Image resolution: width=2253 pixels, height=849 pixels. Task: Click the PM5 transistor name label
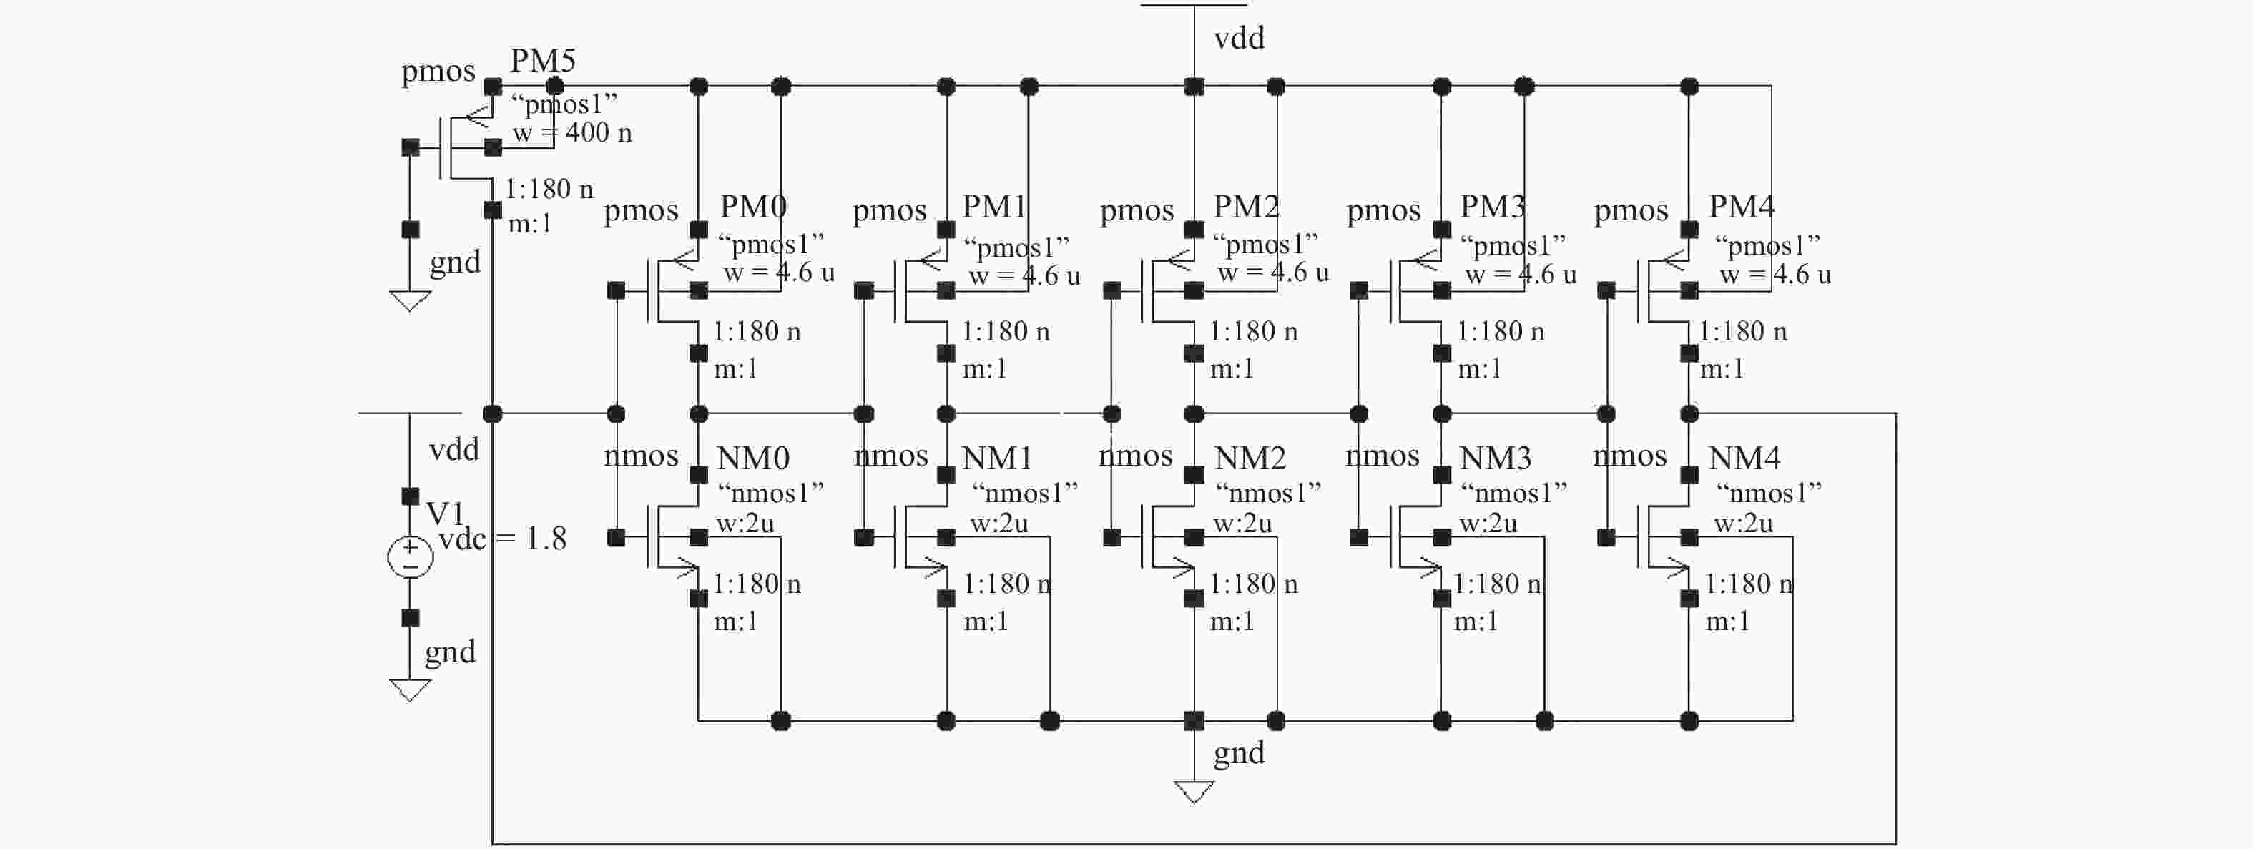[542, 62]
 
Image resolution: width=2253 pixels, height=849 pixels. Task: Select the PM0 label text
[753, 207]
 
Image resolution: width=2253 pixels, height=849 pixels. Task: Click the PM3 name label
[1492, 207]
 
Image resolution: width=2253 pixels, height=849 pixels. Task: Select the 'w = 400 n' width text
[572, 133]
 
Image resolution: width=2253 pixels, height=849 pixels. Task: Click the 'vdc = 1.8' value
[503, 539]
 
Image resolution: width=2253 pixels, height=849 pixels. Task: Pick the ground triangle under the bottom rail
[1194, 791]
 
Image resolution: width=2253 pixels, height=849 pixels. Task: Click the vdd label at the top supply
[1239, 39]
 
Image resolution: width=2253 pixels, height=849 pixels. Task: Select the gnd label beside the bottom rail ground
[1239, 753]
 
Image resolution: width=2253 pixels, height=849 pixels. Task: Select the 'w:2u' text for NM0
[745, 524]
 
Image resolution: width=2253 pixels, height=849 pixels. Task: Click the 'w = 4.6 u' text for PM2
[1273, 273]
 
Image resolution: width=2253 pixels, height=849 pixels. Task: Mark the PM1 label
[993, 207]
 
